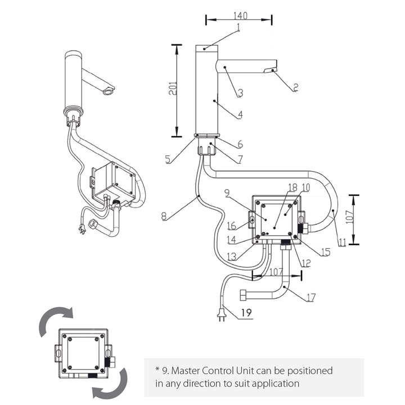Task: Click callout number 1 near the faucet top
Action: pos(238,27)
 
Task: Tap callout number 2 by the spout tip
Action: pos(295,87)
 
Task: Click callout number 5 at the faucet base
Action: pos(168,159)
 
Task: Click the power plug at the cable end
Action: pos(221,317)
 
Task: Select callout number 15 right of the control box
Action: pos(326,252)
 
